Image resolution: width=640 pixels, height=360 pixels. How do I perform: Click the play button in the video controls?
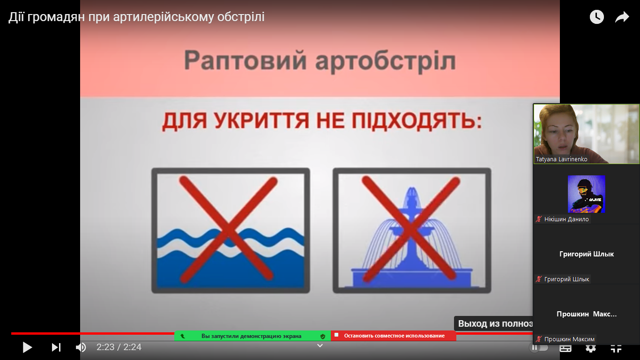pyautogui.click(x=28, y=347)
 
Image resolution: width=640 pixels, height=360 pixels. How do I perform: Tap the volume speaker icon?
pyautogui.click(x=81, y=347)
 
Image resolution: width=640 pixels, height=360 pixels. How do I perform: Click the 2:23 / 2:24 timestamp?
pyautogui.click(x=119, y=347)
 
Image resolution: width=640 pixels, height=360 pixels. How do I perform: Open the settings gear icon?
pyautogui.click(x=591, y=348)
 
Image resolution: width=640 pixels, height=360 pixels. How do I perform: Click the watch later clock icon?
pyautogui.click(x=597, y=17)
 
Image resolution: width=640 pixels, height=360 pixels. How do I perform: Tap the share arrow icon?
pyautogui.click(x=622, y=17)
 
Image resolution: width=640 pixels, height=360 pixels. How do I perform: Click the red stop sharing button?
pyautogui.click(x=394, y=336)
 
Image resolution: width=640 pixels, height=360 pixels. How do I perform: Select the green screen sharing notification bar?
pyautogui.click(x=253, y=336)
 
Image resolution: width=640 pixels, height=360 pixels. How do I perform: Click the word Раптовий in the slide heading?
pyautogui.click(x=246, y=60)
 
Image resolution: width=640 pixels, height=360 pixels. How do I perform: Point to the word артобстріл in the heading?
pyautogui.click(x=386, y=62)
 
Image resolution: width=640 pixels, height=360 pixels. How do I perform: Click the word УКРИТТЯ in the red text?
pyautogui.click(x=262, y=121)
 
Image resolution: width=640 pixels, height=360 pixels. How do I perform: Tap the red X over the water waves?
pyautogui.click(x=228, y=229)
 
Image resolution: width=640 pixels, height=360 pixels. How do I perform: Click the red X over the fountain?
pyautogui.click(x=410, y=228)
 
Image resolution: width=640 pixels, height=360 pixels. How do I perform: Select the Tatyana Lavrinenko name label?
pyautogui.click(x=561, y=159)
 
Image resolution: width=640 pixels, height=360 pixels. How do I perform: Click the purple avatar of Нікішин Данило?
pyautogui.click(x=586, y=194)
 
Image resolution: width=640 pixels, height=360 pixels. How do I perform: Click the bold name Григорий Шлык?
pyautogui.click(x=586, y=254)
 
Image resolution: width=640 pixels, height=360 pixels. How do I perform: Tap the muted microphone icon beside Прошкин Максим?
pyautogui.click(x=539, y=339)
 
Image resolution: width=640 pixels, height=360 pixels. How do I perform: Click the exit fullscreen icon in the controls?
pyautogui.click(x=616, y=348)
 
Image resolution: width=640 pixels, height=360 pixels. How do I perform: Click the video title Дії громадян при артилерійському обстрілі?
pyautogui.click(x=136, y=17)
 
